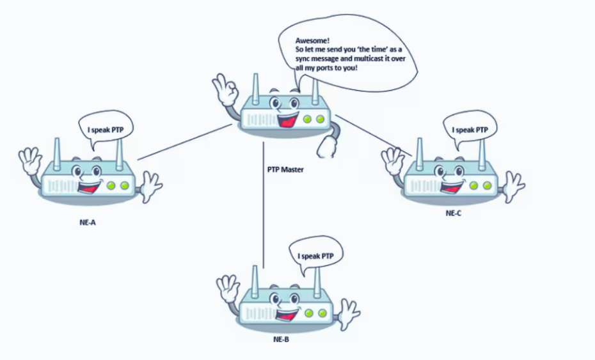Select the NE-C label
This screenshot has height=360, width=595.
coord(454,212)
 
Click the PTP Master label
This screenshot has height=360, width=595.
coord(285,170)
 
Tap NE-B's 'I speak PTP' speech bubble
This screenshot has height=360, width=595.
coord(316,256)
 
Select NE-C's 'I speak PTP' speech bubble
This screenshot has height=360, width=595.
coord(470,130)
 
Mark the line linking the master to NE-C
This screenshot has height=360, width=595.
coord(373,136)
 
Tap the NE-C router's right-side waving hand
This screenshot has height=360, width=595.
coord(513,185)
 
